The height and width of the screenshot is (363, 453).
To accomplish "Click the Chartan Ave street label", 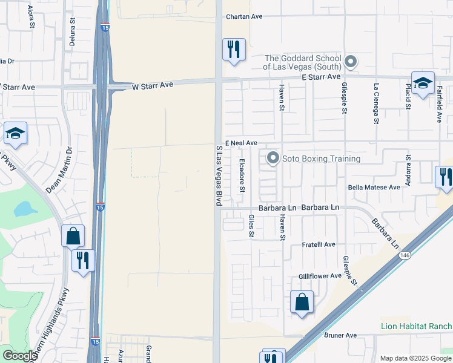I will coord(244,17).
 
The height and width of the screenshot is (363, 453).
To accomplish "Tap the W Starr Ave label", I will coord(153,86).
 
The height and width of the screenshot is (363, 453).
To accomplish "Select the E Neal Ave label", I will coord(241,143).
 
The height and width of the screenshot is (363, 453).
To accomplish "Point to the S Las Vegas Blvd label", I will coord(219,174).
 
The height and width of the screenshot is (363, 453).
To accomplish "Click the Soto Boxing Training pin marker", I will coord(273,159).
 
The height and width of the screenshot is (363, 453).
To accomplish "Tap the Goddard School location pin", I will coord(351,61).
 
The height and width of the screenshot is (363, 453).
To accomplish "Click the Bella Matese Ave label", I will coord(374,188).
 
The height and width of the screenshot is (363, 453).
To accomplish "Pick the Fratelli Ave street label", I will coord(319,244).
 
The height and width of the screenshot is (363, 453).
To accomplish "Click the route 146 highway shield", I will coord(403,256).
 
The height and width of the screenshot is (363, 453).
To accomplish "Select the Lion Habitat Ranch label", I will coord(416,326).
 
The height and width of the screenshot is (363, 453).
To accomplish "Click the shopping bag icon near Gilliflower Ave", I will coord(302,301).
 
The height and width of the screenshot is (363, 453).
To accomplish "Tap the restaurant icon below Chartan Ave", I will coord(234,48).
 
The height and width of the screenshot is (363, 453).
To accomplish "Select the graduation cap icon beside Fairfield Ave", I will coord(423,82).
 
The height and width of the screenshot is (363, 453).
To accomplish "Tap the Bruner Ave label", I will coord(340,335).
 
